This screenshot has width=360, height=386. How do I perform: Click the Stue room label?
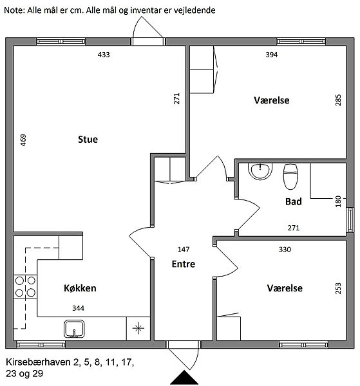pyautogui.click(x=88, y=140)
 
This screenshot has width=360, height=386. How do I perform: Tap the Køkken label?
pyautogui.click(x=80, y=288)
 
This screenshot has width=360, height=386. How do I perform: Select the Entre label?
pyautogui.click(x=184, y=264)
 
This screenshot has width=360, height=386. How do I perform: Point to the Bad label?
pyautogui.click(x=294, y=201)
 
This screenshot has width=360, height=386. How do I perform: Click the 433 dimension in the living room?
pyautogui.click(x=104, y=55)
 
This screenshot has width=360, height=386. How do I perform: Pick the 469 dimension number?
pyautogui.click(x=23, y=140)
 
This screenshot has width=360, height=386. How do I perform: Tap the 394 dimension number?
pyautogui.click(x=272, y=55)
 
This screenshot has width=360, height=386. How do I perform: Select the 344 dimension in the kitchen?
pyautogui.click(x=78, y=308)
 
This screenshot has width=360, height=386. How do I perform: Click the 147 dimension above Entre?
pyautogui.click(x=184, y=250)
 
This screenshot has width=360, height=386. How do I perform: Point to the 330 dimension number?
pyautogui.click(x=285, y=250)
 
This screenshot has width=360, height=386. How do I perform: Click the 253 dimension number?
pyautogui.click(x=338, y=288)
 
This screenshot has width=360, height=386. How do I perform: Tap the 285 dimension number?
pyautogui.click(x=338, y=100)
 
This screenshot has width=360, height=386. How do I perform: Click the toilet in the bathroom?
pyautogui.click(x=290, y=176)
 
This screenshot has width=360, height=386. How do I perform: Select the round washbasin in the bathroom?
pyautogui.click(x=260, y=170)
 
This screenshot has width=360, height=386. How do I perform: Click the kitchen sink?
pyautogui.click(x=74, y=329)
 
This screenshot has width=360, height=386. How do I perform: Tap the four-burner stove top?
pyautogui.click(x=25, y=287)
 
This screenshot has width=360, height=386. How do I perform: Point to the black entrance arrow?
pyautogui.click(x=184, y=378)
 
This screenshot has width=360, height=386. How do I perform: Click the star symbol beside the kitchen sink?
pyautogui.click(x=138, y=328)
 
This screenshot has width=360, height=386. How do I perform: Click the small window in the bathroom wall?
pyautogui.click(x=350, y=220)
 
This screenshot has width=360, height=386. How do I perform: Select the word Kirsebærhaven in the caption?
pyautogui.click(x=38, y=362)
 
